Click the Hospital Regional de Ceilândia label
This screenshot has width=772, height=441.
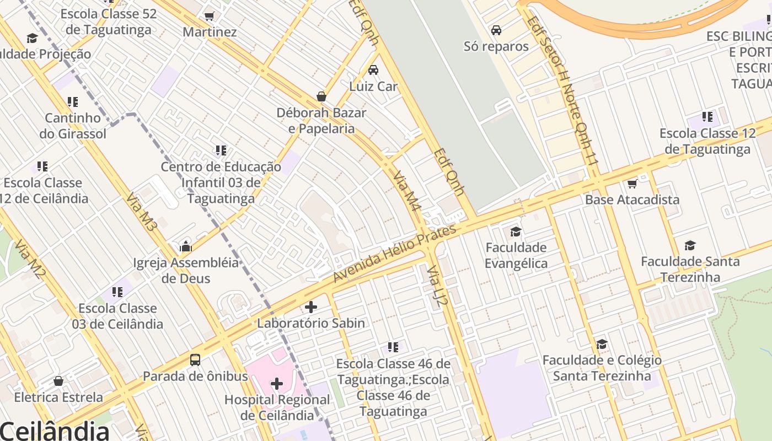pos(277,407)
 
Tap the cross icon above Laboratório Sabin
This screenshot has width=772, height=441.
pos(311,307)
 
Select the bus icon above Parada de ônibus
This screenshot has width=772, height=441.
pos(195,360)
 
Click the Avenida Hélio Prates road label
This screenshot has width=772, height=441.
pos(395,254)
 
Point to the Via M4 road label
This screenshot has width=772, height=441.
pos(408,191)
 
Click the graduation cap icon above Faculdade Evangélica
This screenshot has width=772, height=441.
pos(516,232)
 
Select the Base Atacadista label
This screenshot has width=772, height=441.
pos(632,200)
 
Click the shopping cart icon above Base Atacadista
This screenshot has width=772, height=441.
pos(632,184)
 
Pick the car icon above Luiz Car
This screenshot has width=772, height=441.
pos(373,70)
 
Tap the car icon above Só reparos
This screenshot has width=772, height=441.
pos(496,30)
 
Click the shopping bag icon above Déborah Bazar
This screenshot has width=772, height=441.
pos(321,96)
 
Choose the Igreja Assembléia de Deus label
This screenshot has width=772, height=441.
pos(186,270)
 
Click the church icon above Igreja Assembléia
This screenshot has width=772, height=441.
pos(186,246)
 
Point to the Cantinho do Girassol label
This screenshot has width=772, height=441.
pos(73,126)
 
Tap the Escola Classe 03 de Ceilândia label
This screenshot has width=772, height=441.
pos(117,316)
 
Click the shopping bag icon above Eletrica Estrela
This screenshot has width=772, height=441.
pos(58,381)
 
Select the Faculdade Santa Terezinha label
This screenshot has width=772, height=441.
pos(690,269)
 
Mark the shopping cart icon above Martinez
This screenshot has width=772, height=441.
pos(209,16)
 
